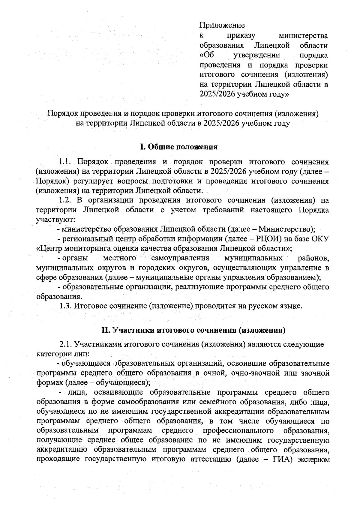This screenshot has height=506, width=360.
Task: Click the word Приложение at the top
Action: (x=222, y=25)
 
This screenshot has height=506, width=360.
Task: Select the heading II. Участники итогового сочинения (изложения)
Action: (x=193, y=330)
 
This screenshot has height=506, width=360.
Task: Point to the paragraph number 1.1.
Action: (x=65, y=162)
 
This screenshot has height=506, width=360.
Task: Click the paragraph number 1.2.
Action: (x=65, y=200)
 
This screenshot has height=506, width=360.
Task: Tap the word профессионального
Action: (x=238, y=431)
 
